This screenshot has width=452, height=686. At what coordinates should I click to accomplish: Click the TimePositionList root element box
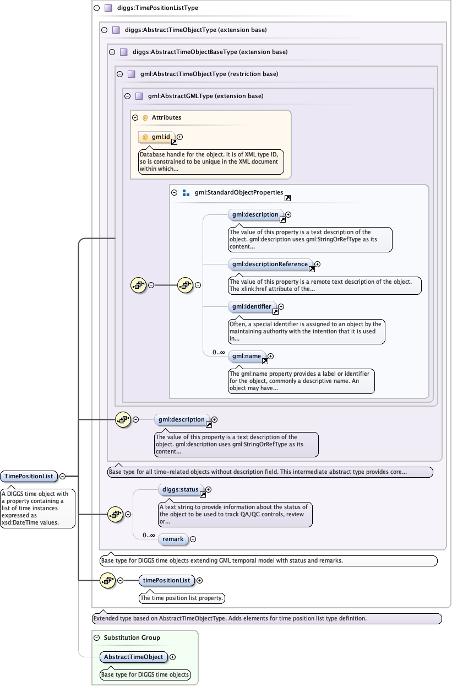tap(29, 476)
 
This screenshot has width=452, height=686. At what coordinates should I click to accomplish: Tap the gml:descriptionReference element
tap(270, 264)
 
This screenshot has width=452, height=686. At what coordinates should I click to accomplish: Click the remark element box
tap(173, 539)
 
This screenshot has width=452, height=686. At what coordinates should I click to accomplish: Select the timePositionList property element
tap(167, 580)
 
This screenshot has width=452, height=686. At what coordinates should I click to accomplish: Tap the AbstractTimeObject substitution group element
tap(134, 657)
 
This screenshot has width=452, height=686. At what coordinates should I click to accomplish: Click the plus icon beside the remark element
tap(193, 539)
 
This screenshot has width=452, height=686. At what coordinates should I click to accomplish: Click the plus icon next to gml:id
tap(179, 137)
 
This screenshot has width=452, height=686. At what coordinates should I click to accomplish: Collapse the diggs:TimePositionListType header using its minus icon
tap(96, 8)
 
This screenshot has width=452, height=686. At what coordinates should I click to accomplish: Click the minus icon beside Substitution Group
tap(96, 638)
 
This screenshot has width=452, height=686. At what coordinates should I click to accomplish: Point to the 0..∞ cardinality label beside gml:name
tap(219, 352)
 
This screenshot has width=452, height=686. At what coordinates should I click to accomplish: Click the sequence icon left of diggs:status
tap(115, 514)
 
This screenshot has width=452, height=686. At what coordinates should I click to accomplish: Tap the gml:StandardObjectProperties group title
tap(239, 193)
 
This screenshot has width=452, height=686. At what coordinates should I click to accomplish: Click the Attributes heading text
tap(166, 117)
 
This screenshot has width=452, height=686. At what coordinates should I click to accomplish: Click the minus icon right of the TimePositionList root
tap(63, 476)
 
